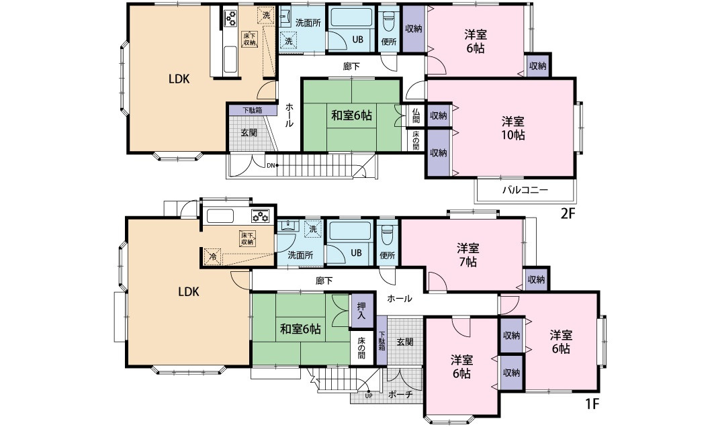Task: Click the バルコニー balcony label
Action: (525, 190)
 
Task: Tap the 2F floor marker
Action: (568, 213)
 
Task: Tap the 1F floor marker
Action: (592, 404)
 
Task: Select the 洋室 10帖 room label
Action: (513, 128)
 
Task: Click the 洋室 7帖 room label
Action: (468, 255)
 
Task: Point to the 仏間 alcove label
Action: (416, 115)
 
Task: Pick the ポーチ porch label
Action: (400, 395)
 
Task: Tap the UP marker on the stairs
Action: (368, 395)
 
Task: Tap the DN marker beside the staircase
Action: (271, 165)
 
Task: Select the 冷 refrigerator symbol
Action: (213, 256)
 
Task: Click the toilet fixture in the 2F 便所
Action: (389, 21)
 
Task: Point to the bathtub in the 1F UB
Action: (350, 232)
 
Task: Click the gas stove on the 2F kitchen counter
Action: (230, 19)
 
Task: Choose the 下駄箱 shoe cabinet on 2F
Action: (252, 110)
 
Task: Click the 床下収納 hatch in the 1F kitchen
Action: (247, 238)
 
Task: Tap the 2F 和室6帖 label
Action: (351, 115)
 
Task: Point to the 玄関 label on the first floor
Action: (405, 342)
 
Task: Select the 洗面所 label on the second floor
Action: (308, 23)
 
